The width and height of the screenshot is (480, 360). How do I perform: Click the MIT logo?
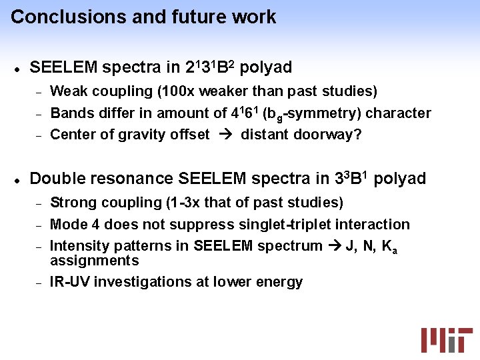446,339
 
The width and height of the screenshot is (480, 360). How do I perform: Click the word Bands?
70,113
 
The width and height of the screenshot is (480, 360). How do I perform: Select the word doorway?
331,135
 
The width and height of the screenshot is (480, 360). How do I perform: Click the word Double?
55,179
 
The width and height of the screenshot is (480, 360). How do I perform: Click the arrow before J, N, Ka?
333,247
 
